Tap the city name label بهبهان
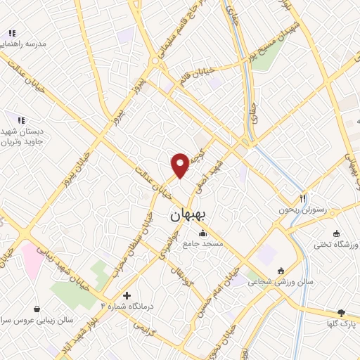pyautogui.click(x=188, y=216)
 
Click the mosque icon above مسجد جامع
pyautogui.click(x=203, y=233)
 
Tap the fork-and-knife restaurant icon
pyautogui.click(x=304, y=198)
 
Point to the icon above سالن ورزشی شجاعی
pyautogui.click(x=281, y=271)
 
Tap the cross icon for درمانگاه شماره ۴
pyautogui.click(x=127, y=296)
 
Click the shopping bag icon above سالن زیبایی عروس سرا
pyautogui.click(x=37, y=308)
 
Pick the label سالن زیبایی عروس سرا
pyautogui.click(x=37, y=319)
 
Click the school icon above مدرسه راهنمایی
pyautogui.click(x=12, y=33)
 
